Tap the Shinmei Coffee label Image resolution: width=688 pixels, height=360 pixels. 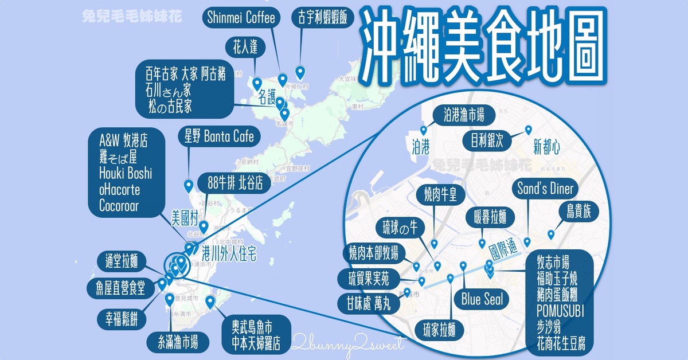click(x=240, y=18)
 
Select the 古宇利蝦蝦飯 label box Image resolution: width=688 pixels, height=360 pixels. click(x=319, y=18)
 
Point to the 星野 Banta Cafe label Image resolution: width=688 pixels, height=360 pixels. click(x=219, y=136)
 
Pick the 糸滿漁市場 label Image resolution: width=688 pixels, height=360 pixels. click(x=174, y=343)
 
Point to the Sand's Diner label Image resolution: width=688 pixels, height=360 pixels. click(x=545, y=189)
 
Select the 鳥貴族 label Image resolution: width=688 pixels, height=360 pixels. click(x=578, y=212)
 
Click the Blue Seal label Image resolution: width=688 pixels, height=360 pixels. click(x=482, y=299)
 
